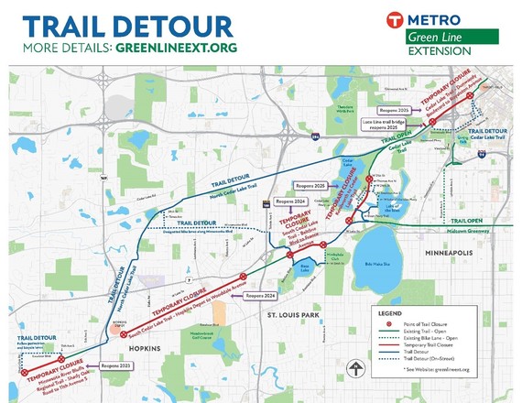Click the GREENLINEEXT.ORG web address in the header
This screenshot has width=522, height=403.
click(x=174, y=47)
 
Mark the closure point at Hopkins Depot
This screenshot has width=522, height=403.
click(x=124, y=335)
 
